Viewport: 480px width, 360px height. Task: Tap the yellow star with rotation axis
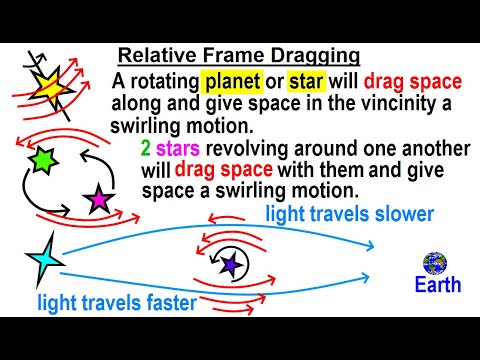pyautogui.click(x=47, y=86)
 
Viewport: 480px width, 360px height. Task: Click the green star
pyautogui.click(x=42, y=159)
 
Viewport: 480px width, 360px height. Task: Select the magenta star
pyautogui.click(x=99, y=199)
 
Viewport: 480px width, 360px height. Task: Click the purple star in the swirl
pyautogui.click(x=232, y=264)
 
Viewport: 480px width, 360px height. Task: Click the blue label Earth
pyautogui.click(x=438, y=286)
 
